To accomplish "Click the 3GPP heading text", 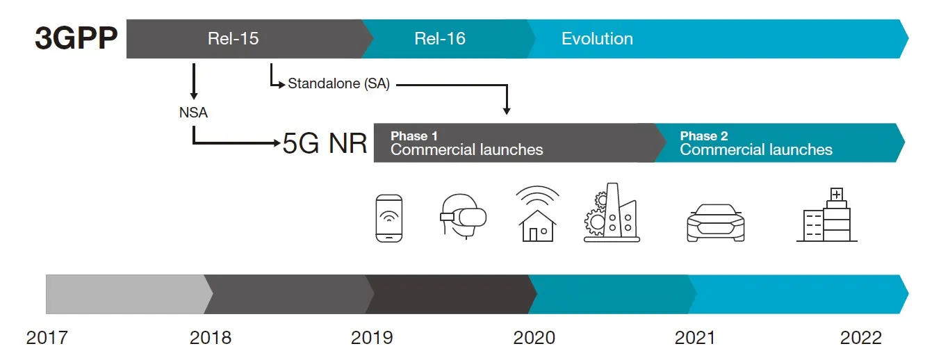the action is coord(76,38).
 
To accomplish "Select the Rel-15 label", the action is coord(234,39).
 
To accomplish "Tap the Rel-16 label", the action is coord(440,39).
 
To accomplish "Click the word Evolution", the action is coord(597,39).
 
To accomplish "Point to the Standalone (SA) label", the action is coord(338,84).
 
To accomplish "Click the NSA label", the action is coord(193,113).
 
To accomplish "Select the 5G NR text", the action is coord(325,143).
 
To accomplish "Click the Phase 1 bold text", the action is coord(414,136).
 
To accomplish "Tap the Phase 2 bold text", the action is coord(704,136).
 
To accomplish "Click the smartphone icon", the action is coord(389,218).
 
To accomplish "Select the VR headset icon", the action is coord(463,216).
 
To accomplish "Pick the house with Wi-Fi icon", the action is coord(537,213).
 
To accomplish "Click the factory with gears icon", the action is coord(612,212).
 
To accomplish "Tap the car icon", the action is coord(716,222).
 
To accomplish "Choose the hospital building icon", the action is coord(827,214).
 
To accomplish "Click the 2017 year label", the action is coord(47,338).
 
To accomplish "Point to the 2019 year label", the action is coord(372,338).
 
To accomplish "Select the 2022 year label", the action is coord(861,338).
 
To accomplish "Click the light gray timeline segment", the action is coord(126,295).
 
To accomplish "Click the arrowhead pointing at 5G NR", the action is coord(277,143).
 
